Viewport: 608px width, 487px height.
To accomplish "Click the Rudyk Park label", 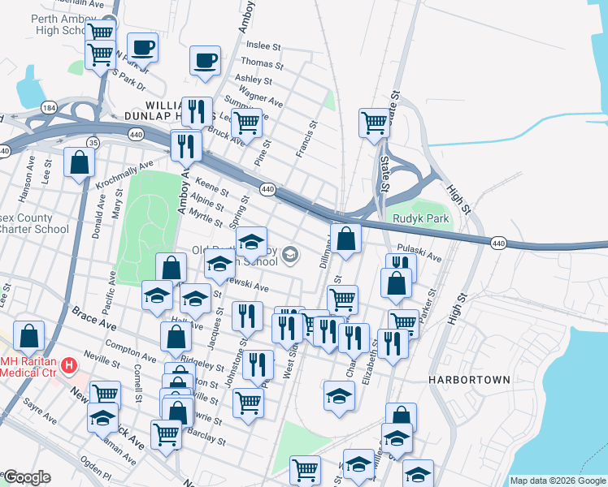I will [421, 219].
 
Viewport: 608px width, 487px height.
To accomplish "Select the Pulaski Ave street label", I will [419, 252].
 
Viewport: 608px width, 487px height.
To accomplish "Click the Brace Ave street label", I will [93, 318].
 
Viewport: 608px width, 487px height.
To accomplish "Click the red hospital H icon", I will [69, 365].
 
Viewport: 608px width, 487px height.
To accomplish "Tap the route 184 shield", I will [49, 107].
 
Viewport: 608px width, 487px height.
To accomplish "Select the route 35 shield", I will [93, 143].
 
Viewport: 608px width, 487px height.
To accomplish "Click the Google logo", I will [26, 477].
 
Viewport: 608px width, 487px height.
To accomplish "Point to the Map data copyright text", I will [558, 481].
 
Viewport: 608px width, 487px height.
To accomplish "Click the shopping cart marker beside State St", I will [374, 124].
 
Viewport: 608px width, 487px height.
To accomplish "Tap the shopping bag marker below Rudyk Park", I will [346, 239].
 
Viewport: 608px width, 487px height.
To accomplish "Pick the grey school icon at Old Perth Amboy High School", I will [289, 256].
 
